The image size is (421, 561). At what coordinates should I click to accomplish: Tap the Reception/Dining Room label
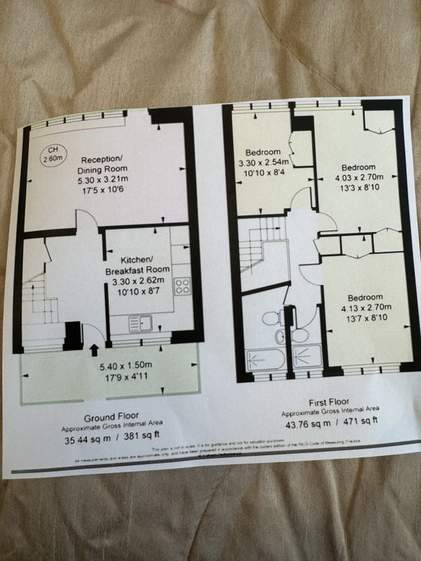point(102,163)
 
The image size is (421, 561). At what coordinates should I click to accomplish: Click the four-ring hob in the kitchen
point(183,286)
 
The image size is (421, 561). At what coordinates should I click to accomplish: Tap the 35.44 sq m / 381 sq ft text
point(109,440)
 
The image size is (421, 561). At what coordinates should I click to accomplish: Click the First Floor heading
point(333,403)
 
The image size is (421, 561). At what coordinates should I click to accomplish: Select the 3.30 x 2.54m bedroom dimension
point(262,163)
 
